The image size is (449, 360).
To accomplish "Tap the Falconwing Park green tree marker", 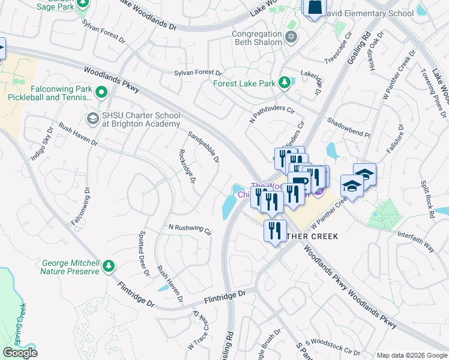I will [x=101, y=92].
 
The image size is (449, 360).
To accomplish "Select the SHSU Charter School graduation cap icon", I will [x=92, y=119].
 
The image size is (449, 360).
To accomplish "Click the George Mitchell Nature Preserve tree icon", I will [x=109, y=265].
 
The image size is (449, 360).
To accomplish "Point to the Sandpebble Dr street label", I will [x=203, y=147].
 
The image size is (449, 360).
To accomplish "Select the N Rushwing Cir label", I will [x=190, y=229].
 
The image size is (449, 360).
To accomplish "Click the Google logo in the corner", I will [x=20, y=353].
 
